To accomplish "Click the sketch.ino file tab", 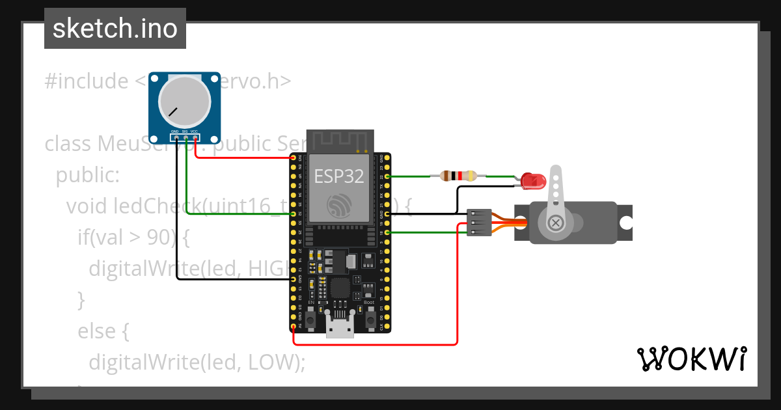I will [115, 29].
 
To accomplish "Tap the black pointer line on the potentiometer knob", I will [173, 111].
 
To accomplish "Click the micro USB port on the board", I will [340, 329].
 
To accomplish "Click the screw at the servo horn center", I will [556, 223].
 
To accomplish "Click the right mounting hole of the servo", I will [625, 223].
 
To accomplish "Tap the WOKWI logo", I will [691, 359].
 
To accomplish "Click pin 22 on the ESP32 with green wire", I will [387, 176].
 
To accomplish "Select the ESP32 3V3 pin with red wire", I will [294, 158].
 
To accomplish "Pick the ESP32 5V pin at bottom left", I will [294, 325].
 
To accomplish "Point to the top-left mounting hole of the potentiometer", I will [155, 77].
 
